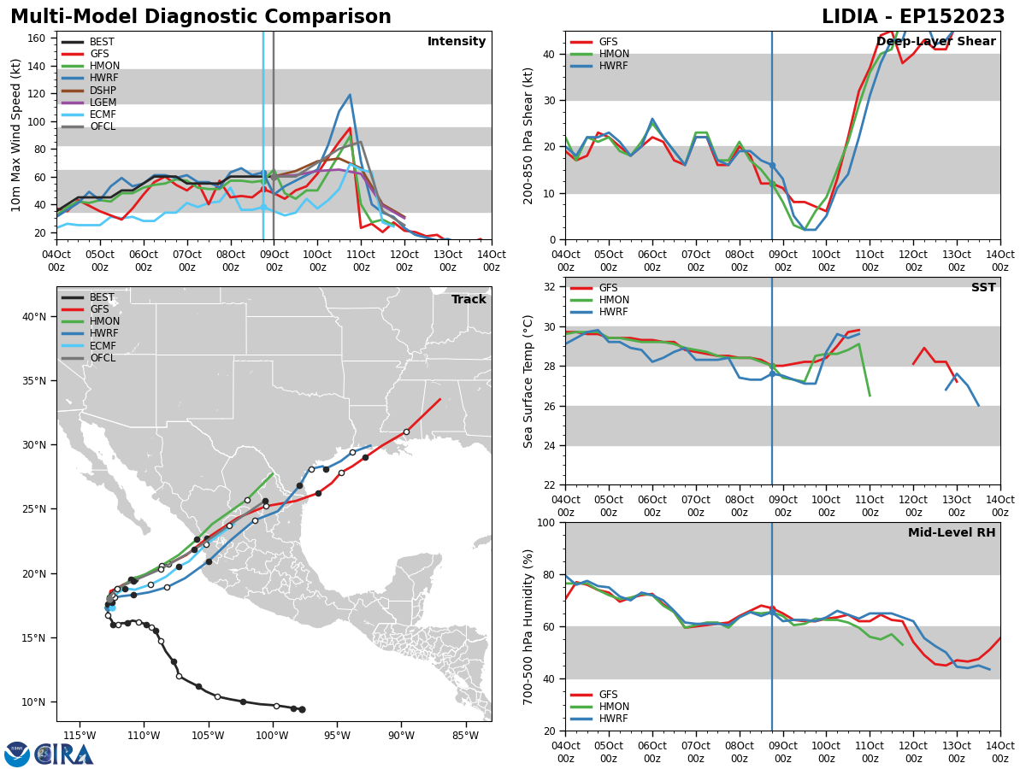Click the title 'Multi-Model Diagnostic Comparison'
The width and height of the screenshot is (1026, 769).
click(x=201, y=17)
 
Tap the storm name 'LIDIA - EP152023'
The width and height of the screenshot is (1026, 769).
click(x=913, y=17)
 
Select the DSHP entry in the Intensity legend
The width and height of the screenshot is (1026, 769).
click(x=89, y=90)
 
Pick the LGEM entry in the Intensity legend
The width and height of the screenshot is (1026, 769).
click(x=89, y=103)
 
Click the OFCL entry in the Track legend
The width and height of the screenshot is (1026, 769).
click(x=88, y=358)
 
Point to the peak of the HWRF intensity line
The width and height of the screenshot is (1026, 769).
click(x=350, y=95)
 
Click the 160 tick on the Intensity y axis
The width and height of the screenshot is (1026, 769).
click(x=37, y=38)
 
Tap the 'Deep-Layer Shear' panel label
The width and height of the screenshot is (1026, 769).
click(x=935, y=41)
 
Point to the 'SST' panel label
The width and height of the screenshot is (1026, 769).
click(x=983, y=287)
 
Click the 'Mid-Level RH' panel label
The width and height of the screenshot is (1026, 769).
click(x=952, y=532)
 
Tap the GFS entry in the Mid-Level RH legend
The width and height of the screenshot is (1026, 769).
click(x=594, y=695)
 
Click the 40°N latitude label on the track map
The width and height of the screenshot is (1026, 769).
click(x=34, y=317)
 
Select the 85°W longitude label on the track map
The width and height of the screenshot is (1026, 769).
click(x=466, y=736)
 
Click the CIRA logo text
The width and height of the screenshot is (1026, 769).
click(x=63, y=754)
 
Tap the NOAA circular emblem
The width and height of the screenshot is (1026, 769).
click(x=17, y=754)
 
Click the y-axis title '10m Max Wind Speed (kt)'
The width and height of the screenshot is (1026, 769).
click(x=15, y=135)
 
